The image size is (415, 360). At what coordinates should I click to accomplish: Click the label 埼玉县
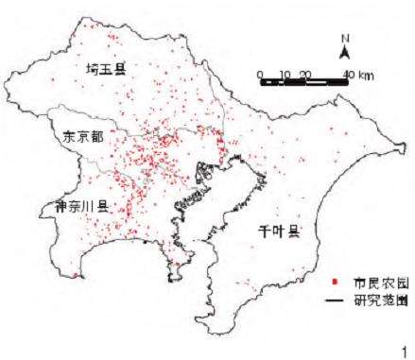(x=105, y=71)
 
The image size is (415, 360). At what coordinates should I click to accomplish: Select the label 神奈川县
(x=80, y=204)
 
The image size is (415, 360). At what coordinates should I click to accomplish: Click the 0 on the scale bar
(x=260, y=74)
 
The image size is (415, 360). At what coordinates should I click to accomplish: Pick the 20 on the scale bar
(x=303, y=74)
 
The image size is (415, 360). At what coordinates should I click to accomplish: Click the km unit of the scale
(x=366, y=74)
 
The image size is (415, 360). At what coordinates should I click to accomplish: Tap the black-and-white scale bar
(x=304, y=84)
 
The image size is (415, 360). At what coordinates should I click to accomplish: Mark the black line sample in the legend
(x=337, y=300)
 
